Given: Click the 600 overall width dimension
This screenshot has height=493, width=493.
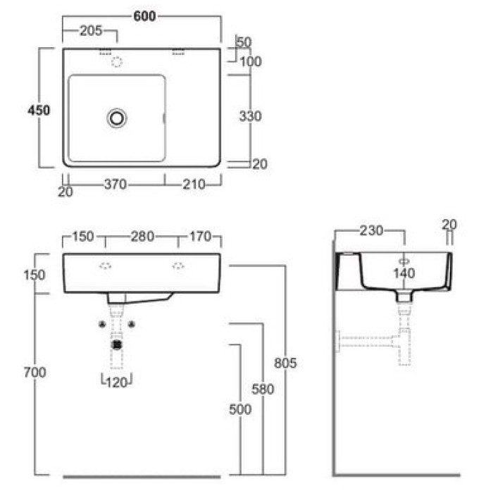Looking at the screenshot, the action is point(144,16).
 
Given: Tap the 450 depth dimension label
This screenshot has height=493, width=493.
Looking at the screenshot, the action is point(39,111).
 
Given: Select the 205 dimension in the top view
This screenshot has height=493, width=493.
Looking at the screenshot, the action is point(91,31).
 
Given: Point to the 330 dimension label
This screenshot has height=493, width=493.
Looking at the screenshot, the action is point(250,116).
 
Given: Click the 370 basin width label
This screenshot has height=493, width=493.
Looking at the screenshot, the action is point(116,185).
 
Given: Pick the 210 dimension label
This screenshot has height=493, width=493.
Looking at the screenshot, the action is point(194,185).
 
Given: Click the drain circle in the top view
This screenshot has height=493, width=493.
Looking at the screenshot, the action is point(117,118).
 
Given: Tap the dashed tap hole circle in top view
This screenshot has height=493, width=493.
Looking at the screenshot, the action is point(117,62).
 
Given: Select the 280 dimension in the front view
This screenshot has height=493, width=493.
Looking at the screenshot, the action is point(142,237).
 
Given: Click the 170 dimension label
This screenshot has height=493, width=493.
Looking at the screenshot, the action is point(200,237).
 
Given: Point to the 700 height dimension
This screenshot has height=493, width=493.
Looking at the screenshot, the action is point(35,373).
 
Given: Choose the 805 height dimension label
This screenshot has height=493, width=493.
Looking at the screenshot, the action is point(285,363).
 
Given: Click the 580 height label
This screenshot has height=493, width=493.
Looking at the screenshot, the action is point(263,389).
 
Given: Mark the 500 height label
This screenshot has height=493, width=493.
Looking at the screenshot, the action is point(240,409).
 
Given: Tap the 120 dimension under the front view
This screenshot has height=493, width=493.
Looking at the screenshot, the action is point(117,382).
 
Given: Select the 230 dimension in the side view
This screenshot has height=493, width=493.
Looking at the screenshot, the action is point(371,231).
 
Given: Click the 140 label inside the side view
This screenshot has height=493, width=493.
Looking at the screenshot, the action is point(404,273).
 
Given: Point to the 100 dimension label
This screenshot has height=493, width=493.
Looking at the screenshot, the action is point(251,62).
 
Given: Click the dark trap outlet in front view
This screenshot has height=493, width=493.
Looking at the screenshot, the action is point(117,345).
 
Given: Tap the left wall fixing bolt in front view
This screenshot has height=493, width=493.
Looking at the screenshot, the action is point(102,324).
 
